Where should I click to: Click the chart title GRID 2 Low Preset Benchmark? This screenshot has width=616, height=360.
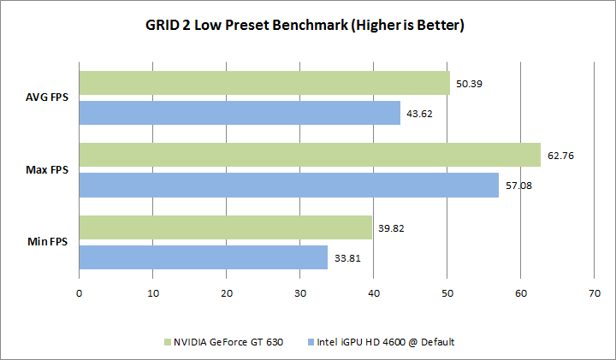pyautogui.click(x=306, y=26)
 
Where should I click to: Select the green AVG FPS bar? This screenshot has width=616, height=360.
pyautogui.click(x=264, y=83)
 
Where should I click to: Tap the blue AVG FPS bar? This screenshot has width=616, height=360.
pyautogui.click(x=240, y=113)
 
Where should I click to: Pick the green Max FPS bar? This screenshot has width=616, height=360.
pyautogui.click(x=310, y=155)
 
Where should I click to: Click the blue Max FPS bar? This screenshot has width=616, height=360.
pyautogui.click(x=289, y=185)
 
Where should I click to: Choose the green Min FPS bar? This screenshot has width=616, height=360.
pyautogui.click(x=226, y=227)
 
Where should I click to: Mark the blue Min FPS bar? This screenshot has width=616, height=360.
pyautogui.click(x=204, y=257)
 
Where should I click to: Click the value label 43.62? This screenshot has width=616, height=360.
pyautogui.click(x=420, y=114)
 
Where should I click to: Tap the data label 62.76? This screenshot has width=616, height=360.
pyautogui.click(x=561, y=156)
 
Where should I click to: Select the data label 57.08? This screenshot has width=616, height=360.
pyautogui.click(x=518, y=186)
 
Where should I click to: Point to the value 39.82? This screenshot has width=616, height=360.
pyautogui.click(x=392, y=228)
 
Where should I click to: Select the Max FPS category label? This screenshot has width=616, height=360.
pyautogui.click(x=50, y=170)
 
